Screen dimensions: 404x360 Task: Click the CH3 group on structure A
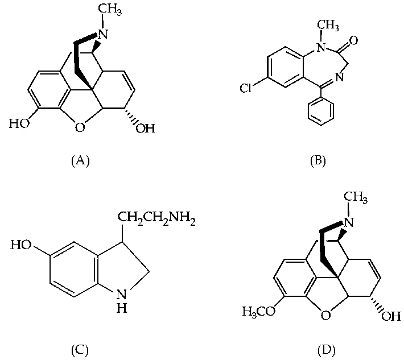click(x=109, y=10)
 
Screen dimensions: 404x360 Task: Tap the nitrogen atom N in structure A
click(x=103, y=34)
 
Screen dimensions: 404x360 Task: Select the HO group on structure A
click(x=19, y=123)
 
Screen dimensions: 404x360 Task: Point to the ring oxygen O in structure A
click(x=80, y=127)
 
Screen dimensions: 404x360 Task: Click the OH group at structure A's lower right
click(x=145, y=128)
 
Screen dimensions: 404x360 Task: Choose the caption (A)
click(x=80, y=161)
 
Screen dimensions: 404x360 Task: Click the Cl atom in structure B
click(x=245, y=88)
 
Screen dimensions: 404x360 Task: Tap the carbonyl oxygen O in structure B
click(x=353, y=40)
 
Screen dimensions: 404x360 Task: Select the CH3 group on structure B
click(x=328, y=26)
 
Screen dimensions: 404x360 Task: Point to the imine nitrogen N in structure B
click(x=340, y=77)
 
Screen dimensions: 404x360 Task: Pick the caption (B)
click(x=318, y=161)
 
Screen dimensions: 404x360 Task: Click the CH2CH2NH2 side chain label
click(x=156, y=220)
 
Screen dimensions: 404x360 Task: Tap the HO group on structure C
click(x=20, y=245)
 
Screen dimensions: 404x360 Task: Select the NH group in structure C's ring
click(x=122, y=301)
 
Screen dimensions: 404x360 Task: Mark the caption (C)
click(x=80, y=350)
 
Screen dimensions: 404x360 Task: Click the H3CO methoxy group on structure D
click(x=258, y=311)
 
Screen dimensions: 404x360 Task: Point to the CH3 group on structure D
click(x=356, y=198)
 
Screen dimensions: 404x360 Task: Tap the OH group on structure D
click(x=391, y=316)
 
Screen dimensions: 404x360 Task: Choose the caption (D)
click(x=326, y=350)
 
